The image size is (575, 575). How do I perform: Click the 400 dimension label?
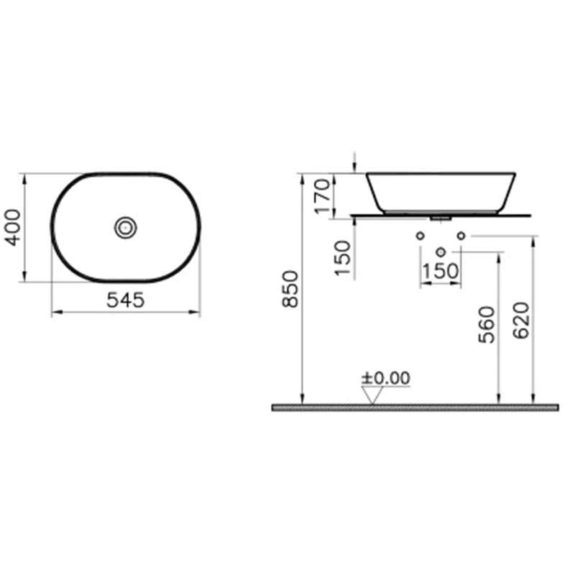point(13,227)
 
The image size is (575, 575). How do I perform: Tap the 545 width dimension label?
point(125,300)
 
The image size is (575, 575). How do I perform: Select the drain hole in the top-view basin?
point(125,228)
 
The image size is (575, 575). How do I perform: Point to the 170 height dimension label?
point(323,195)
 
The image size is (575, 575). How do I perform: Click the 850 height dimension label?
point(290,289)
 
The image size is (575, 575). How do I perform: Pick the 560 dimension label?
point(487,325)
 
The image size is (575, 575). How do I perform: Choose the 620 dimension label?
point(521,321)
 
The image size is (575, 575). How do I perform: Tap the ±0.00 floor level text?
point(386,378)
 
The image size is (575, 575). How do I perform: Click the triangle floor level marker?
point(372,396)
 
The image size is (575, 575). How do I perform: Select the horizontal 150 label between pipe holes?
point(441,272)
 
